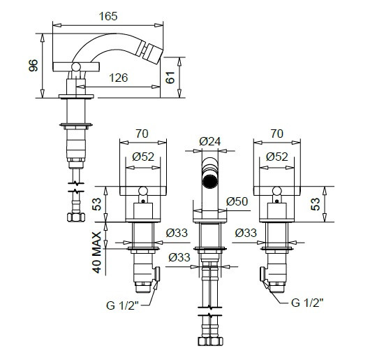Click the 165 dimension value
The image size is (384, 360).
tap(108, 16)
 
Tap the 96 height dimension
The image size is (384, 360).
tap(34, 66)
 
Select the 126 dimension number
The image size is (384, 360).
tap(119, 78)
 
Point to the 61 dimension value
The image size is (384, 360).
tap(170, 78)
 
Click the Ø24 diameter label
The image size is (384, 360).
tap(210, 141)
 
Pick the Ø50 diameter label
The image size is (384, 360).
tap(237, 201)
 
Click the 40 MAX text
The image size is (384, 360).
tap(97, 252)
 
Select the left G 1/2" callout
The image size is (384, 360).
tap(122, 305)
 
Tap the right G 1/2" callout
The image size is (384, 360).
tap(307, 303)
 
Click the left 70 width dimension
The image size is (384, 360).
tap(142, 134)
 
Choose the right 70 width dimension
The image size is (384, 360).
tap(277, 134)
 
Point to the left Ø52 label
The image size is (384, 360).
tap(143, 157)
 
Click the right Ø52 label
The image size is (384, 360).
tap(277, 157)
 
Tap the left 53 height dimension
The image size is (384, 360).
tap(97, 204)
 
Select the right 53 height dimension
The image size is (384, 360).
tap(316, 204)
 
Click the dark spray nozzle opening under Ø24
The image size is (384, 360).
tap(210, 181)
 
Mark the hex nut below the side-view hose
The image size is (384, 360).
tap(76, 217)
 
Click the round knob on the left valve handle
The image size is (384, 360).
tap(143, 191)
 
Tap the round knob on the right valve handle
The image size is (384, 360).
tap(277, 191)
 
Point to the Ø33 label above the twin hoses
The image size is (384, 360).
tap(179, 257)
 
